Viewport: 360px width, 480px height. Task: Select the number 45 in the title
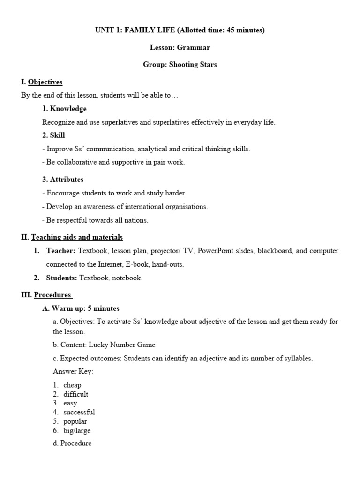click(x=231, y=30)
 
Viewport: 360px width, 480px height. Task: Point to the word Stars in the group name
click(x=208, y=65)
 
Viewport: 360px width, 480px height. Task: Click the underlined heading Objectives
click(x=45, y=82)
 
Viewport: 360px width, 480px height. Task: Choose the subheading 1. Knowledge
click(x=64, y=109)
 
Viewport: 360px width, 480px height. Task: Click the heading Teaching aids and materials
click(x=77, y=237)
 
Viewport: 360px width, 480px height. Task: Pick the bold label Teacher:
click(x=60, y=251)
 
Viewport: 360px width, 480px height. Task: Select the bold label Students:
click(x=61, y=278)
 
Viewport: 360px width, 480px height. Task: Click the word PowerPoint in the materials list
click(x=215, y=251)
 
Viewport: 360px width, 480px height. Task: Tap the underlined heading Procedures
click(x=52, y=295)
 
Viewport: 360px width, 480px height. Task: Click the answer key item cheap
click(x=72, y=385)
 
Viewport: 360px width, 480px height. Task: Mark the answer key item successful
click(x=79, y=412)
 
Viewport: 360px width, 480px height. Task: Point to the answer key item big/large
click(x=77, y=430)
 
